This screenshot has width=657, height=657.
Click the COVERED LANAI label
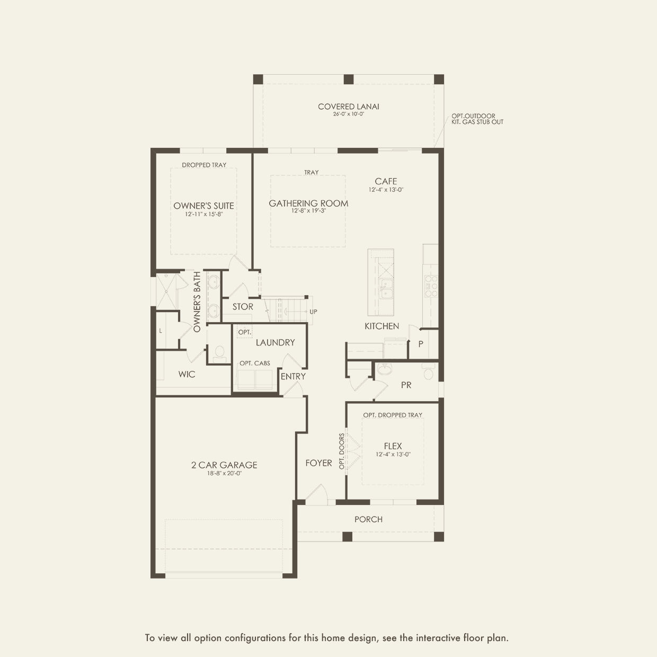pyautogui.click(x=348, y=106)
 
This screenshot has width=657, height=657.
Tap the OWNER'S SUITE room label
pyautogui.click(x=203, y=206)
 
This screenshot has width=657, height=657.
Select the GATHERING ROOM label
pyautogui.click(x=308, y=203)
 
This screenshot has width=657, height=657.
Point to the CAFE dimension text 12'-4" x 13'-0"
pyautogui.click(x=386, y=190)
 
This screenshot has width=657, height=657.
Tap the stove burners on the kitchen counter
pyautogui.click(x=431, y=286)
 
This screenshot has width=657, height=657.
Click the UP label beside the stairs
pyautogui.click(x=313, y=312)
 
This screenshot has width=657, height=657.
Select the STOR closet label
pyautogui.click(x=243, y=307)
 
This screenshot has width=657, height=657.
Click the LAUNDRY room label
pyautogui.click(x=275, y=343)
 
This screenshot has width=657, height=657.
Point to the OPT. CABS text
pyautogui.click(x=254, y=363)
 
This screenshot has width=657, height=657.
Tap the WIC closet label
pyautogui.click(x=187, y=375)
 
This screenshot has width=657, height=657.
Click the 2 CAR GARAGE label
pyautogui.click(x=224, y=465)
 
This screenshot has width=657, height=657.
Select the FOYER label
pyautogui.click(x=318, y=463)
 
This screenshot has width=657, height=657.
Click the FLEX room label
pyautogui.click(x=393, y=446)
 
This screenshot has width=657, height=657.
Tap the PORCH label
pyautogui.click(x=368, y=519)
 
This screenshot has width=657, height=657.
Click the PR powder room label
pyautogui.click(x=406, y=385)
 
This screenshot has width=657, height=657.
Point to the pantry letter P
pyautogui.click(x=421, y=344)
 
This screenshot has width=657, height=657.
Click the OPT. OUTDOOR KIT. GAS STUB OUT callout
pyautogui.click(x=477, y=119)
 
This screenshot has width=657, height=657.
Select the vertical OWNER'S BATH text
pyautogui.click(x=197, y=302)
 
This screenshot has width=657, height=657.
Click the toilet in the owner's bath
pyautogui.click(x=219, y=353)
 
